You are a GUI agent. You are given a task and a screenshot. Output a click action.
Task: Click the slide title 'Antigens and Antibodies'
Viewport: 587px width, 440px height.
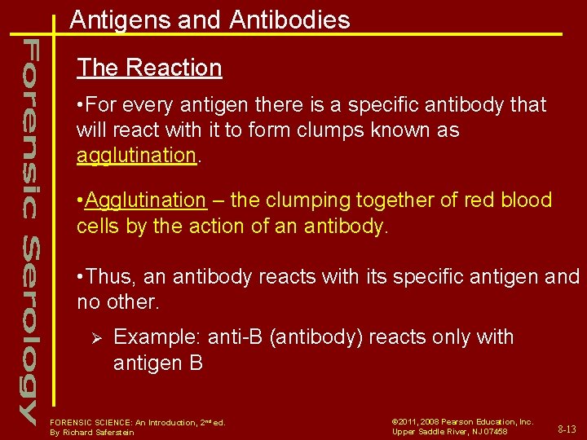pyautogui.click(x=210, y=20)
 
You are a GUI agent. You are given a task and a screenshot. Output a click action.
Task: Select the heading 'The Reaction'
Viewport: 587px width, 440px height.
pyautogui.click(x=149, y=68)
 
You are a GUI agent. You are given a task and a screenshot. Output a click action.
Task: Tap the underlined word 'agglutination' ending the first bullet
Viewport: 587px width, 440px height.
pyautogui.click(x=136, y=155)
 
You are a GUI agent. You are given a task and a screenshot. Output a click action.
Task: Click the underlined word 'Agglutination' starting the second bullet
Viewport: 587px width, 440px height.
pyautogui.click(x=145, y=200)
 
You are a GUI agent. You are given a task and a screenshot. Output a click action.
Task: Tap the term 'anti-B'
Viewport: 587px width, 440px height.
pyautogui.click(x=235, y=337)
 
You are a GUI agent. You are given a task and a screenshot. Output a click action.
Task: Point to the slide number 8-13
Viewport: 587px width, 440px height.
pyautogui.click(x=567, y=429)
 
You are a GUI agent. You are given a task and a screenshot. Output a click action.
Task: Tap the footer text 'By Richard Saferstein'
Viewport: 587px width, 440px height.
pyautogui.click(x=92, y=433)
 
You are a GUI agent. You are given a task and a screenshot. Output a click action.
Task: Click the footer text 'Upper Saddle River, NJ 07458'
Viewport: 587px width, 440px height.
pyautogui.click(x=450, y=432)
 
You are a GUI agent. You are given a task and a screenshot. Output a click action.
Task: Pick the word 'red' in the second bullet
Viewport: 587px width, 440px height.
pyautogui.click(x=475, y=200)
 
